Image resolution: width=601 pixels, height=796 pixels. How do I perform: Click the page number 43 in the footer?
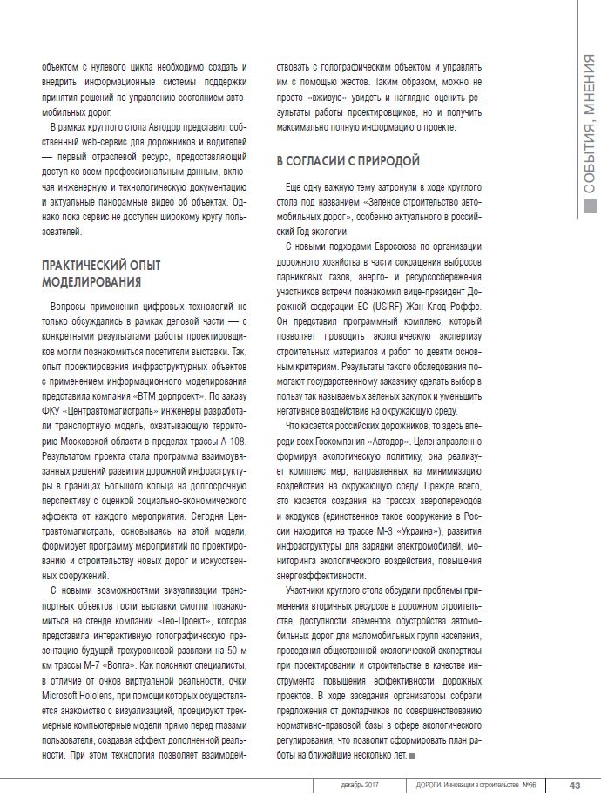(x=575, y=784)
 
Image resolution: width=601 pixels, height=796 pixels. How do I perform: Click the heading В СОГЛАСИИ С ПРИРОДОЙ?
(x=348, y=161)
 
